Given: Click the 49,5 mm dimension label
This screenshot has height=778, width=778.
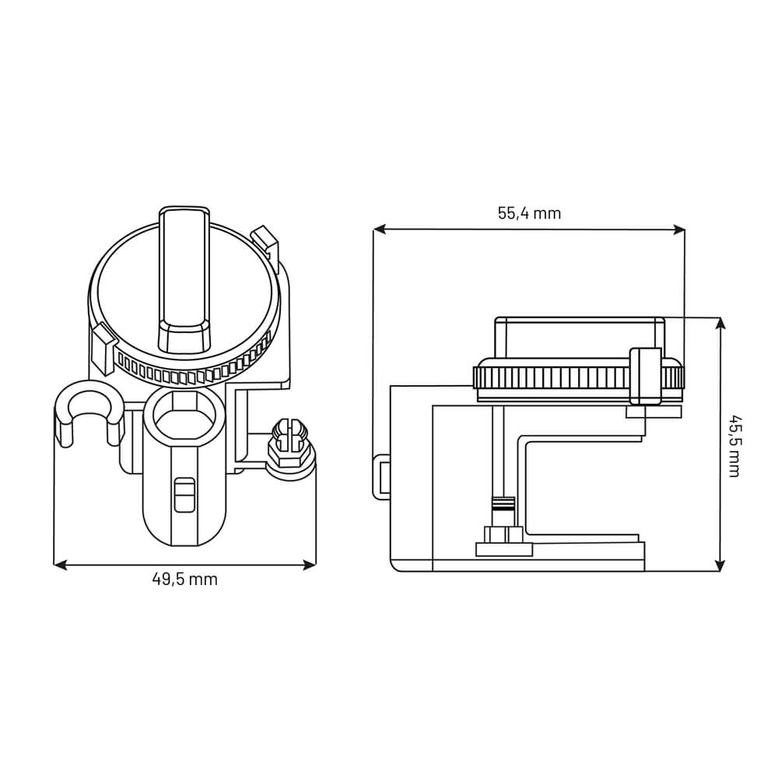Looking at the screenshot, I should (184, 579).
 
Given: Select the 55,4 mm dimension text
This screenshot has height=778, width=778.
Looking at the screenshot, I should (529, 213).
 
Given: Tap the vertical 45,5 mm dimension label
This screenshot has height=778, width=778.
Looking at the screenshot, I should (733, 443).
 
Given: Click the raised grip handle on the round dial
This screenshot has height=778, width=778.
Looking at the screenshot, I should (184, 276).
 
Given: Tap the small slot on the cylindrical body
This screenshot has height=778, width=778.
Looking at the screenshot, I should (184, 495).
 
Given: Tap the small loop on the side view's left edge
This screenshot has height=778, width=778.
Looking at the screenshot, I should (380, 475).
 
